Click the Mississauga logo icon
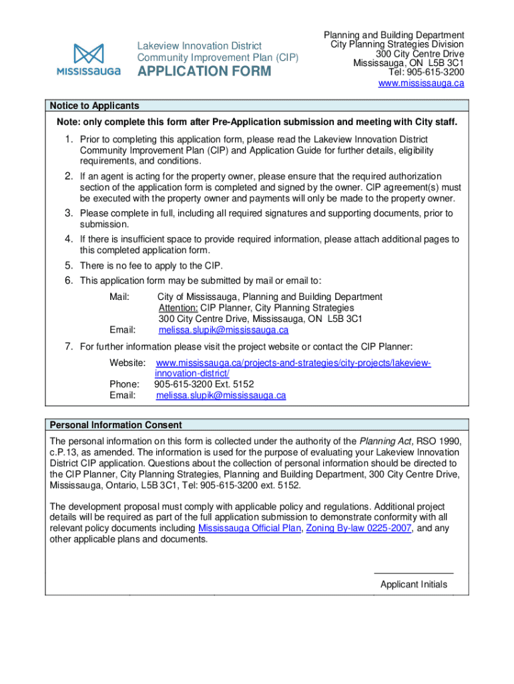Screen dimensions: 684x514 89,54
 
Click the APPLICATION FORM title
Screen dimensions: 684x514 204,71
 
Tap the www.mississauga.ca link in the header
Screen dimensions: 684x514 421,83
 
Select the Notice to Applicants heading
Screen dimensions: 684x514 94,106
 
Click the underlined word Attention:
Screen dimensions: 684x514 178,308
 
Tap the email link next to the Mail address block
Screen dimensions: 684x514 223,330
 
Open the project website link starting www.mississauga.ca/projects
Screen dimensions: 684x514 293,363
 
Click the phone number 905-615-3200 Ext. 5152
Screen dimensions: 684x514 204,384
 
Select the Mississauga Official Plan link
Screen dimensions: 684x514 250,528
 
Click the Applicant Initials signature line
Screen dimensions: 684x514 413,573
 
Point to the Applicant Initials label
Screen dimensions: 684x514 413,584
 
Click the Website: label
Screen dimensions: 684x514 127,363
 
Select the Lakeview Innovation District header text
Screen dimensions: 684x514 199,46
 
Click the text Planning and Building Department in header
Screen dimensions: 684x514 394,35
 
